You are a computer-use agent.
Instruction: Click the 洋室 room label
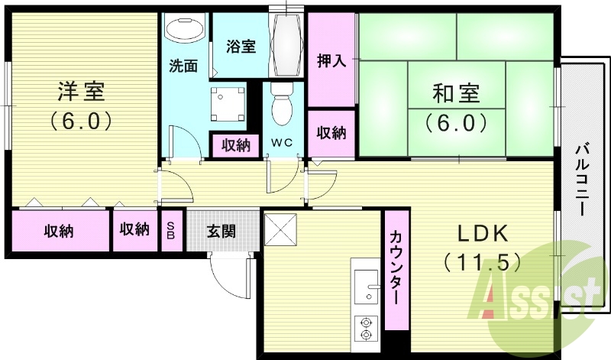tap(81, 92)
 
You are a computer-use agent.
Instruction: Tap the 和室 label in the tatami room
tap(456, 93)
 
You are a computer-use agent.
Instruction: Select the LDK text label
tap(483, 234)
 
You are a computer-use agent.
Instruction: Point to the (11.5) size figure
tap(482, 261)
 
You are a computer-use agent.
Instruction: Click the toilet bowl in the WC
tap(282, 104)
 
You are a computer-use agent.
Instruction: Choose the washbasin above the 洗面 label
tap(185, 28)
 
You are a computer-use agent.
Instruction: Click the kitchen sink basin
tap(367, 287)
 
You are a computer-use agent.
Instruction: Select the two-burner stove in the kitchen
tap(366, 329)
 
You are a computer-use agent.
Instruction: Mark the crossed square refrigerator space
tap(280, 229)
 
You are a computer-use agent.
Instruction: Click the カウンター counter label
tap(396, 268)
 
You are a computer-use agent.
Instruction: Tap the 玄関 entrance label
tap(221, 232)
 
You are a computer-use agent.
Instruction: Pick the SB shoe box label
tap(171, 231)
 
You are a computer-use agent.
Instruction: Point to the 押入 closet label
tap(331, 60)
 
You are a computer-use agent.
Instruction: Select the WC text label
tap(282, 143)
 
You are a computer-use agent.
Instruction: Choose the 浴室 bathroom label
tap(241, 46)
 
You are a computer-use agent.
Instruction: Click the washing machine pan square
tap(228, 104)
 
